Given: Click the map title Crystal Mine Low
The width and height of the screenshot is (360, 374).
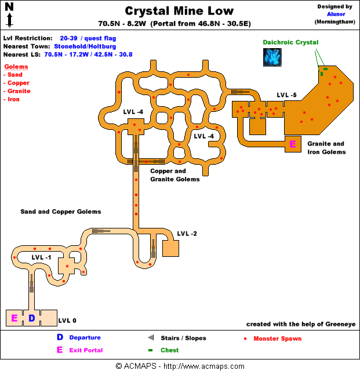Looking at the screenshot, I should [x=180, y=11].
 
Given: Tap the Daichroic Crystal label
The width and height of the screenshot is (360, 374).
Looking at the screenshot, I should [x=290, y=42].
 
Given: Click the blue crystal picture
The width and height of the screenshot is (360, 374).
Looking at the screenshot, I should [x=272, y=57].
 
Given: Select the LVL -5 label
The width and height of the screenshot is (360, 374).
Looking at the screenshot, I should [x=287, y=95].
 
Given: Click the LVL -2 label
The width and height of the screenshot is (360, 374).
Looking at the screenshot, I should [x=187, y=234].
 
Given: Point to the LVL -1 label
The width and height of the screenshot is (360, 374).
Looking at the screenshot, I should [x=42, y=257].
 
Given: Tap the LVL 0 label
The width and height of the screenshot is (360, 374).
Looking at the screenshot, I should [x=67, y=320].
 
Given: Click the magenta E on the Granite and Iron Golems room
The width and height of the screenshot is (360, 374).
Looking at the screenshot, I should [x=293, y=144].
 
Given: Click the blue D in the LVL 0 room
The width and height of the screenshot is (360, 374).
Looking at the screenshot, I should [x=32, y=318].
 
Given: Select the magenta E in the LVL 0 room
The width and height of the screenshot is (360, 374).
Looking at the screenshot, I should [x=14, y=318].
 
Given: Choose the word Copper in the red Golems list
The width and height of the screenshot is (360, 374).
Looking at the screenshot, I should [x=19, y=83].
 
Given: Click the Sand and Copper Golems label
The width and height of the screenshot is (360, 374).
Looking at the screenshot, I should [x=61, y=212].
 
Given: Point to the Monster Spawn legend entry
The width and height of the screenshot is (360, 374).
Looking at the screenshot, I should [x=277, y=338].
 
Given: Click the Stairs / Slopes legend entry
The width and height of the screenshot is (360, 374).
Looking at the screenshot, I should [x=183, y=338].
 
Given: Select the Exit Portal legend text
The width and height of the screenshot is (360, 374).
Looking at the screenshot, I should [x=86, y=350].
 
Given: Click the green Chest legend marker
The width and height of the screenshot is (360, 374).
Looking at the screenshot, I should [x=150, y=350].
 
